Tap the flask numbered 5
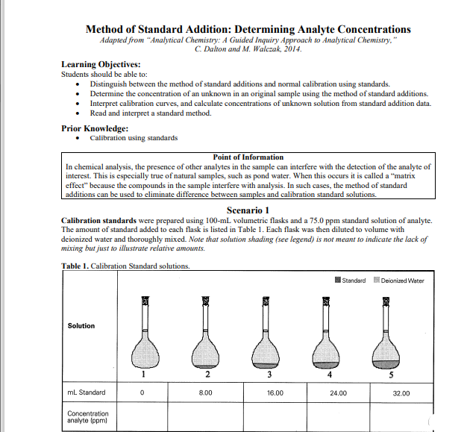tap(386, 336)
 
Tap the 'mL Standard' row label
tap(86, 392)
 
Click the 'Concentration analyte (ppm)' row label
tap(87, 417)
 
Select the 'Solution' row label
tap(81, 326)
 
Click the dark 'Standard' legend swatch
tap(339, 281)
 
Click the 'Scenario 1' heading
tap(248, 210)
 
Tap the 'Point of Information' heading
tap(248, 157)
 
